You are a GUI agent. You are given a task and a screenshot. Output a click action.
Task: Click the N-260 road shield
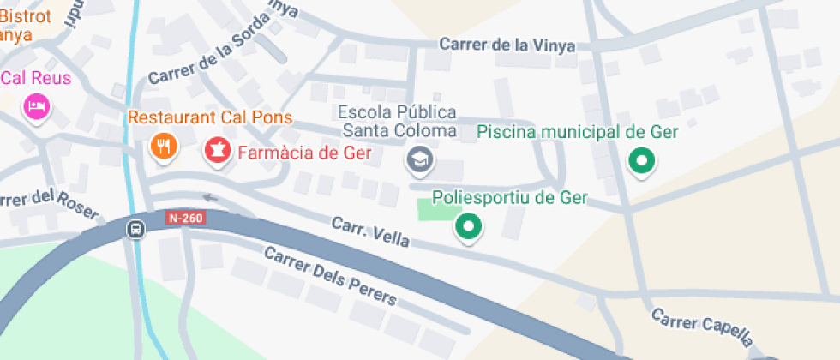pos(185,219)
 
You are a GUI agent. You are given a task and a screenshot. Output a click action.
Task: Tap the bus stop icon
pos(135,229)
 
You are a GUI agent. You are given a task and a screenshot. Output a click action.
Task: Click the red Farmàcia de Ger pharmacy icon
pos(217,152)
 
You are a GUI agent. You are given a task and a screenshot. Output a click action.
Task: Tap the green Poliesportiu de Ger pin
pos(468,226)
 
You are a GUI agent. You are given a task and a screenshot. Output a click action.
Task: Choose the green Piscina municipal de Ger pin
pos(641,159)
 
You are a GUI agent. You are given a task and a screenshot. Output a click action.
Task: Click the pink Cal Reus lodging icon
pos(37,105)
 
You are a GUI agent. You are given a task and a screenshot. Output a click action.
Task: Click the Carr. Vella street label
pos(370,233)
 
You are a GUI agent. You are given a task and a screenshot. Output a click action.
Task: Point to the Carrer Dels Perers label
pos(330,276)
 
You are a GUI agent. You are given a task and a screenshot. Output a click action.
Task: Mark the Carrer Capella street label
pos(701,328)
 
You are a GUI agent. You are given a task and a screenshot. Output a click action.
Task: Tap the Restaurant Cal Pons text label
pos(210,117)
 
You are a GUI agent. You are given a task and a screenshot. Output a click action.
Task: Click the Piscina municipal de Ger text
pos(577,132)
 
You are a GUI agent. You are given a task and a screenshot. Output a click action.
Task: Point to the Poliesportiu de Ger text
pos(510,198)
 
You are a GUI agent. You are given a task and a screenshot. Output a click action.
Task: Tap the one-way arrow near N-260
pos(210,198)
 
